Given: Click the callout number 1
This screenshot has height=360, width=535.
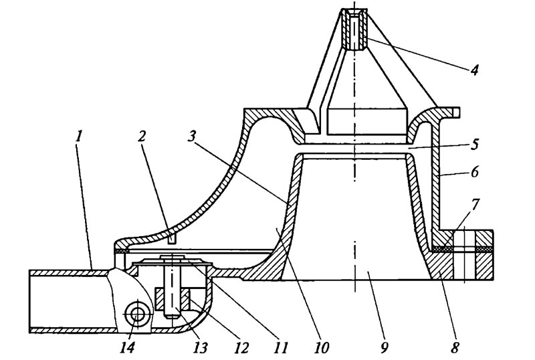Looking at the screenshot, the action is tap(79, 137).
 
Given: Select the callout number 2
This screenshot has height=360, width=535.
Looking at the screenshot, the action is tap(141, 137).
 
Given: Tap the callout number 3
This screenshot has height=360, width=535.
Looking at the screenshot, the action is tap(192, 137).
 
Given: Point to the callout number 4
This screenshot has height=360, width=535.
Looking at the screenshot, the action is tap(474, 70).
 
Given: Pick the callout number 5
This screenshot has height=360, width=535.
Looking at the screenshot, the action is tap(475, 144).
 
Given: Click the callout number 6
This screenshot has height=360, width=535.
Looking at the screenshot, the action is tap(475, 172).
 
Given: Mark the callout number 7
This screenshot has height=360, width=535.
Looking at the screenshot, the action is tap(475, 205).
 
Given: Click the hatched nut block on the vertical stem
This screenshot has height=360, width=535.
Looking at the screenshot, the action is tap(173, 299).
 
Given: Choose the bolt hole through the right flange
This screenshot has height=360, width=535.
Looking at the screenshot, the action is tap(464, 255).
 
